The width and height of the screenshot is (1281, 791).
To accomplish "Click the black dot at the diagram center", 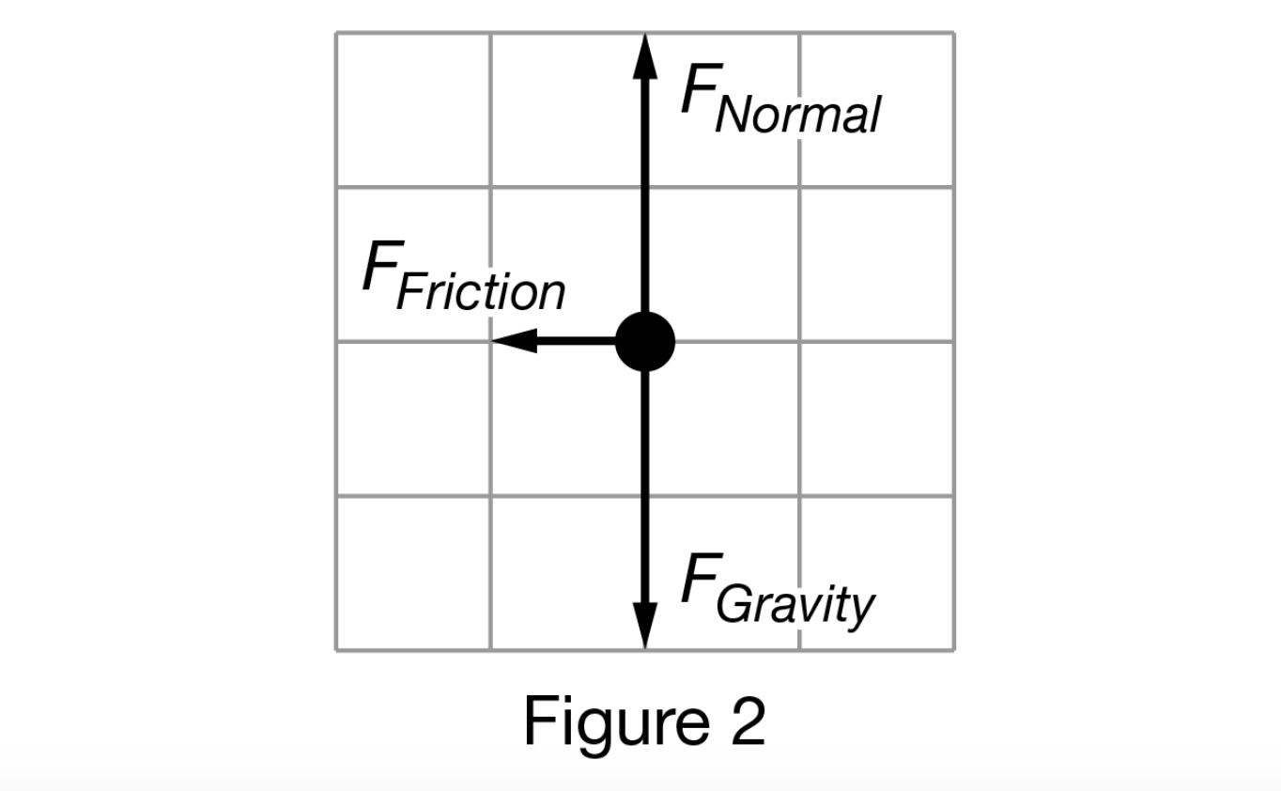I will click(x=644, y=342).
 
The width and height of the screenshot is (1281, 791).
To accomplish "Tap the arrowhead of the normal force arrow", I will click(x=644, y=56).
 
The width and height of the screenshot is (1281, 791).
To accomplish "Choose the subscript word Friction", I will click(x=481, y=292).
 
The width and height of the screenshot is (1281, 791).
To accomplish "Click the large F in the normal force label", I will click(x=699, y=91).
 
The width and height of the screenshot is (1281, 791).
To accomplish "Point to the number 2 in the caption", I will click(x=744, y=721).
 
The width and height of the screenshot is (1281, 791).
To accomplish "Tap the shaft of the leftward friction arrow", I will click(x=575, y=340).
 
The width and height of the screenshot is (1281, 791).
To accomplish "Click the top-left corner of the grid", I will click(x=336, y=33).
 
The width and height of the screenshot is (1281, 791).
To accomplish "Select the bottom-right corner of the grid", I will click(x=954, y=649).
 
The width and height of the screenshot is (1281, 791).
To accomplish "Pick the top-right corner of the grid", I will click(x=954, y=33).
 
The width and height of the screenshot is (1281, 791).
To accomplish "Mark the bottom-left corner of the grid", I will click(x=336, y=649).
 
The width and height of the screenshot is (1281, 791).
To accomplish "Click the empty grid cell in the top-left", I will click(x=413, y=110).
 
